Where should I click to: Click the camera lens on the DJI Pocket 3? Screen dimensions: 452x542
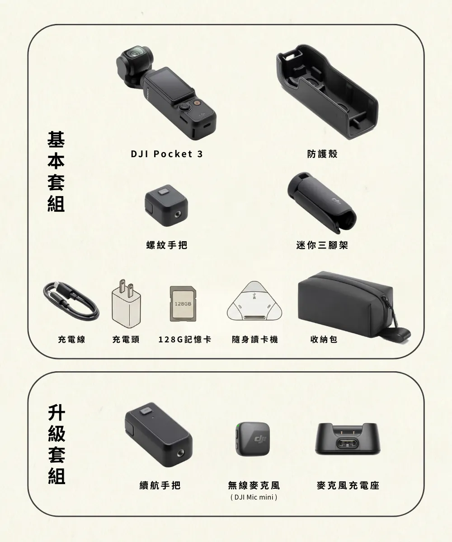[x=135, y=54]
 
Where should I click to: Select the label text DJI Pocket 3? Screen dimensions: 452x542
[x=167, y=154]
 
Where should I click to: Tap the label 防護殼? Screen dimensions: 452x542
[x=322, y=154]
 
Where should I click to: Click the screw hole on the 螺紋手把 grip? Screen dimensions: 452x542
[x=178, y=215]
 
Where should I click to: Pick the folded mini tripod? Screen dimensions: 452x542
[x=322, y=203]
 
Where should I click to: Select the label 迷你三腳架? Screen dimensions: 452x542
[x=322, y=245]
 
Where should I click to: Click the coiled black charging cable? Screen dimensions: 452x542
[x=71, y=301]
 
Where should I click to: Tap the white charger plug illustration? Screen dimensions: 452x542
[x=126, y=303]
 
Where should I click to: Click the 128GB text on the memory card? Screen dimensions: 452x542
[x=183, y=304]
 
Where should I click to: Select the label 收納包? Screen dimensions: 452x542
[x=324, y=339]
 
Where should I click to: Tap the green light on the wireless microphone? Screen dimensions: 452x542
[x=237, y=425]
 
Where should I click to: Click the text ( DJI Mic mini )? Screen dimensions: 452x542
[x=254, y=497]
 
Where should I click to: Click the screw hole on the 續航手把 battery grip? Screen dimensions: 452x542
[x=180, y=453]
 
